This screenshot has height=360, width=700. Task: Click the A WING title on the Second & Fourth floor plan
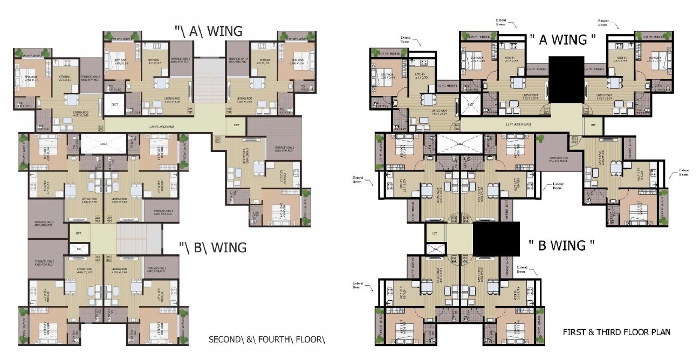(x=208, y=31)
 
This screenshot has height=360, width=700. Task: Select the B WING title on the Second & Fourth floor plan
(x=213, y=247)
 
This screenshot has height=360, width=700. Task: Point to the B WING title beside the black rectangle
(x=561, y=245)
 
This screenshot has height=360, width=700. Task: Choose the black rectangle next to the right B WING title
(x=496, y=239)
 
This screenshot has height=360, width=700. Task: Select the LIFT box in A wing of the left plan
(x=236, y=125)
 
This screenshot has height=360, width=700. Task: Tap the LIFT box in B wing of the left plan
(x=79, y=233)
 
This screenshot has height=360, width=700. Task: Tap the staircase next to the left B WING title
(x=139, y=236)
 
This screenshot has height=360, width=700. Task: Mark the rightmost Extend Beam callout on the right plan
(x=683, y=172)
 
